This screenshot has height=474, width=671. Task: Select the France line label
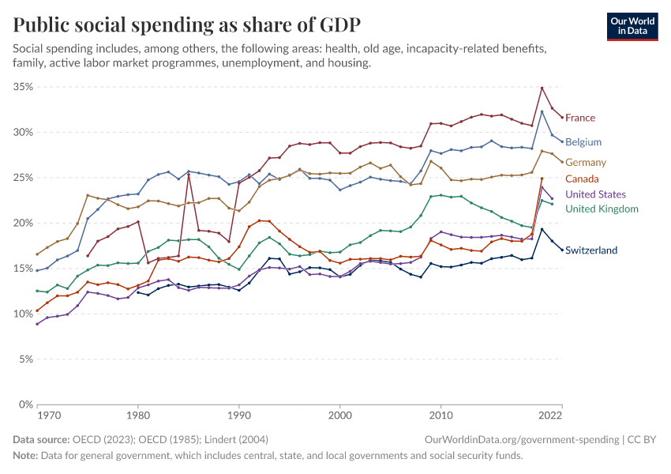click(580, 118)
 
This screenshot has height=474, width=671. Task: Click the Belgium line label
click(583, 142)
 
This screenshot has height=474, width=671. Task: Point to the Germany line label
click(586, 162)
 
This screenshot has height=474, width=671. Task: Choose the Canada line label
click(582, 179)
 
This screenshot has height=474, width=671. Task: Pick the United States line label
click(595, 194)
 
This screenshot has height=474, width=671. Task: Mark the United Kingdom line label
click(602, 209)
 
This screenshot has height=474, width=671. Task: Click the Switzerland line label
click(591, 250)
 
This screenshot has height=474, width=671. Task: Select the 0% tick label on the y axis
click(25, 404)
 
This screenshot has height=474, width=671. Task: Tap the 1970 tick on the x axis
click(49, 414)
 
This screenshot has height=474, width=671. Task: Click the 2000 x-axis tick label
click(340, 414)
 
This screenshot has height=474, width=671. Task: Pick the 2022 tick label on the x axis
click(550, 414)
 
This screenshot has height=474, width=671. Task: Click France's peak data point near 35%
click(542, 88)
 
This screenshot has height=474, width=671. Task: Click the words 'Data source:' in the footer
click(40, 439)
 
